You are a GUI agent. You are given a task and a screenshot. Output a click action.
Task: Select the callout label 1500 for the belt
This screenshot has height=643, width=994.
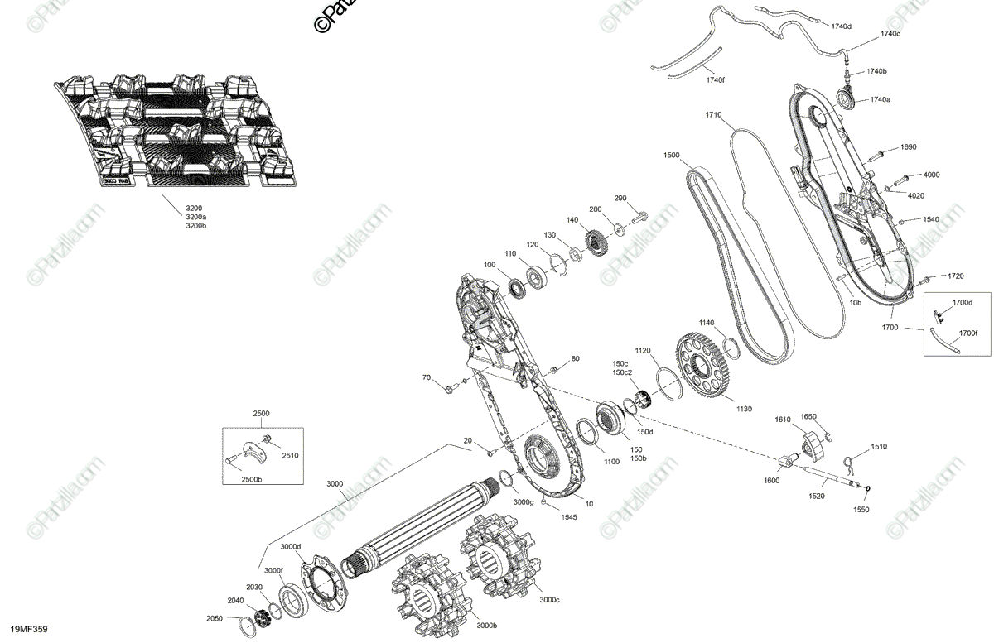(x=672, y=156)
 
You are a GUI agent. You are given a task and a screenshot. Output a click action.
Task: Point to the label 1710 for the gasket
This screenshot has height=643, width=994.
(x=714, y=114)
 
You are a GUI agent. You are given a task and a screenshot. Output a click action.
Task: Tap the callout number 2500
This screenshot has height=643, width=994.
(x=262, y=413)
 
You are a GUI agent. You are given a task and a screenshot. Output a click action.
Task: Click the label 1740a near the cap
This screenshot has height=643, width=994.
(x=880, y=100)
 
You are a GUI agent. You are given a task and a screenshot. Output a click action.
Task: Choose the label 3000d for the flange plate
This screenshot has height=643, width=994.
(x=290, y=547)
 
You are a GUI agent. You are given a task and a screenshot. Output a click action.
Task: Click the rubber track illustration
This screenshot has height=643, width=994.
(x=178, y=132)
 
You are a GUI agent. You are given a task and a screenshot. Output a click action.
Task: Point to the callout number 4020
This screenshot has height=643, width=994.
(x=916, y=196)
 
